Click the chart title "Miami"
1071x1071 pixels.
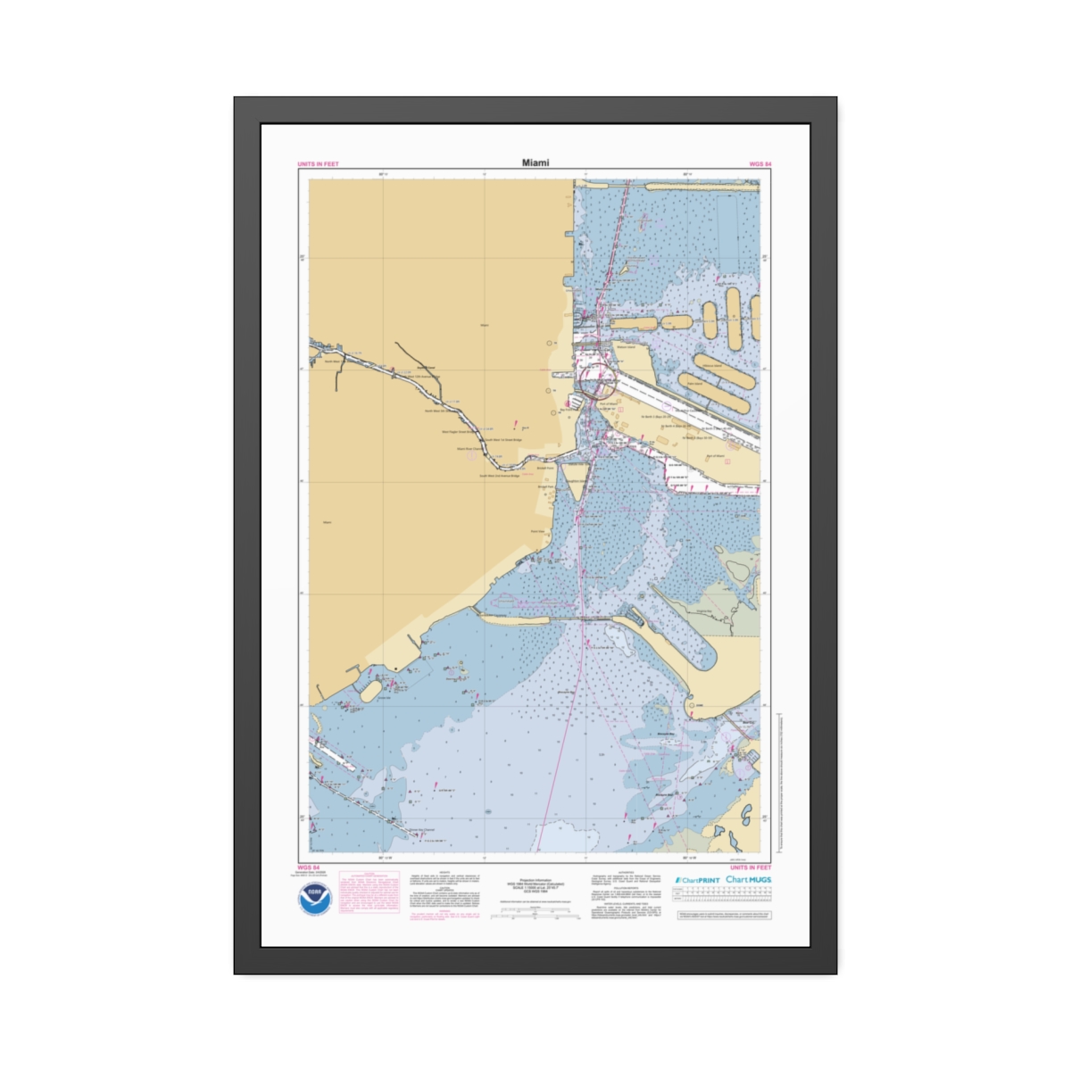click(535, 162)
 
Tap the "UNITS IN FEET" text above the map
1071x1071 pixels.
click(318, 164)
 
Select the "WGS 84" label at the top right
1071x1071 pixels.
click(760, 164)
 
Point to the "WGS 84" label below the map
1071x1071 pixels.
click(308, 867)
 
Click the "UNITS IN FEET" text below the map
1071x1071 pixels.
click(750, 867)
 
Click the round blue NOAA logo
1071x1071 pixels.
click(316, 898)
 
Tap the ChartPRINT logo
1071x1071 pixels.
click(697, 880)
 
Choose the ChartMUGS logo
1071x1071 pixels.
click(748, 879)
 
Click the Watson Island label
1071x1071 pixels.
click(625, 347)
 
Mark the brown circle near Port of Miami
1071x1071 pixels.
click(597, 386)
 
